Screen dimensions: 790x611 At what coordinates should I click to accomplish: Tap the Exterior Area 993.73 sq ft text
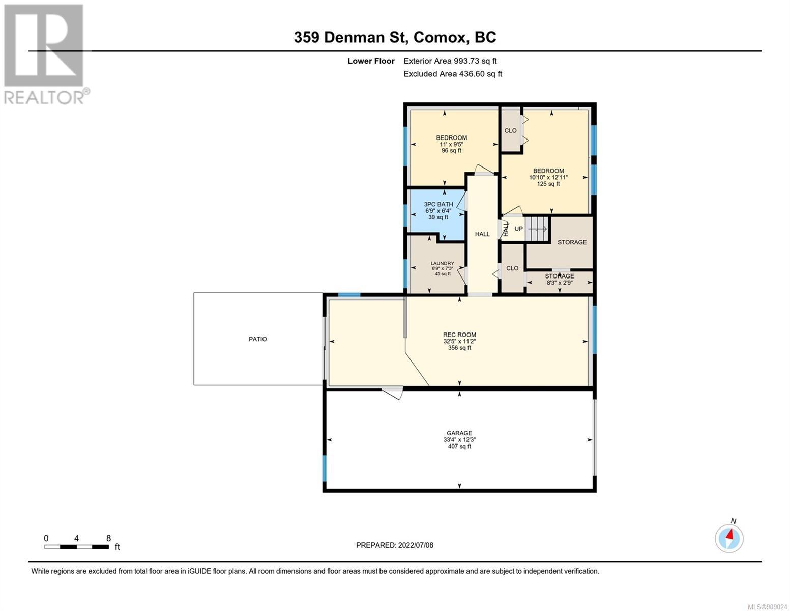(x=450, y=61)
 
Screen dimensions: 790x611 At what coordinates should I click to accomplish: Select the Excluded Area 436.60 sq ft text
(x=453, y=74)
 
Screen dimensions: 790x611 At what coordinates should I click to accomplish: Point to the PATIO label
(x=257, y=339)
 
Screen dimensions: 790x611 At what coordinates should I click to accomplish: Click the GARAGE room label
(x=459, y=433)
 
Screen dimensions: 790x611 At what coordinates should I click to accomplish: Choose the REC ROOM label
(x=459, y=335)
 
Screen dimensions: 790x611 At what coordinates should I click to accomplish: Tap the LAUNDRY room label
(x=442, y=263)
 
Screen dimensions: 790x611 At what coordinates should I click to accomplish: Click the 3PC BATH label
(x=438, y=205)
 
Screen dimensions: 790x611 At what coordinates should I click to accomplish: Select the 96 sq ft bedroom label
(x=452, y=144)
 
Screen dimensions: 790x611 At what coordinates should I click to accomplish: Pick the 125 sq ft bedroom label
(x=548, y=177)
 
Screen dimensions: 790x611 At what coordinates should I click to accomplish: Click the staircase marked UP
(x=537, y=229)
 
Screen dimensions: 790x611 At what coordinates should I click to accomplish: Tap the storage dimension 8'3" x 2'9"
(x=559, y=283)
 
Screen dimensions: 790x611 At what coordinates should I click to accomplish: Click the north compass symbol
(x=729, y=538)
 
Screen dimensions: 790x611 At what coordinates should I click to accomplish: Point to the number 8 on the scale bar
(x=108, y=538)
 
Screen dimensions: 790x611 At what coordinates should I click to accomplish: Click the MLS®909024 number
(x=767, y=606)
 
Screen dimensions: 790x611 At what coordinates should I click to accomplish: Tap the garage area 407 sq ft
(x=459, y=446)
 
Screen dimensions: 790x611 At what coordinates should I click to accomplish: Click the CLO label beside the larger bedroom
(x=510, y=131)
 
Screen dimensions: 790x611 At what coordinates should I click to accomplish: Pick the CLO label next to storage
(x=512, y=268)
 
